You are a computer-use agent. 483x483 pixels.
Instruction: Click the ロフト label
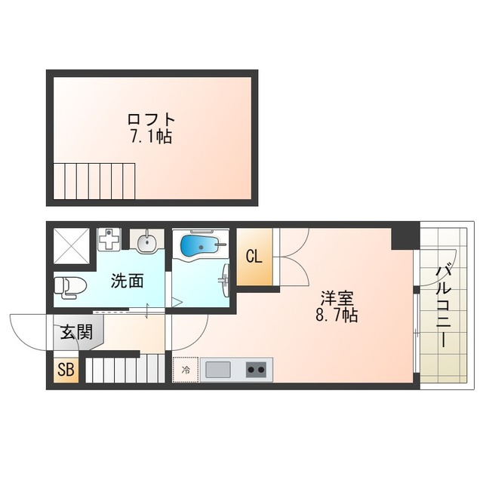point(152,120)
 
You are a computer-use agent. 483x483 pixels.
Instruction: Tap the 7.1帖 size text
point(152,137)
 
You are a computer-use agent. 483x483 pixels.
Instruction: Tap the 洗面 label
point(128,282)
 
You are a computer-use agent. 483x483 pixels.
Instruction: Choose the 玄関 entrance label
point(77,332)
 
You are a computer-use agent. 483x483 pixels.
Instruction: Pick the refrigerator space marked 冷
point(186,370)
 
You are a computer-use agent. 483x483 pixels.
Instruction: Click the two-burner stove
point(257,370)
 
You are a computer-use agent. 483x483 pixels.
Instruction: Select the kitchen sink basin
point(219,370)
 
